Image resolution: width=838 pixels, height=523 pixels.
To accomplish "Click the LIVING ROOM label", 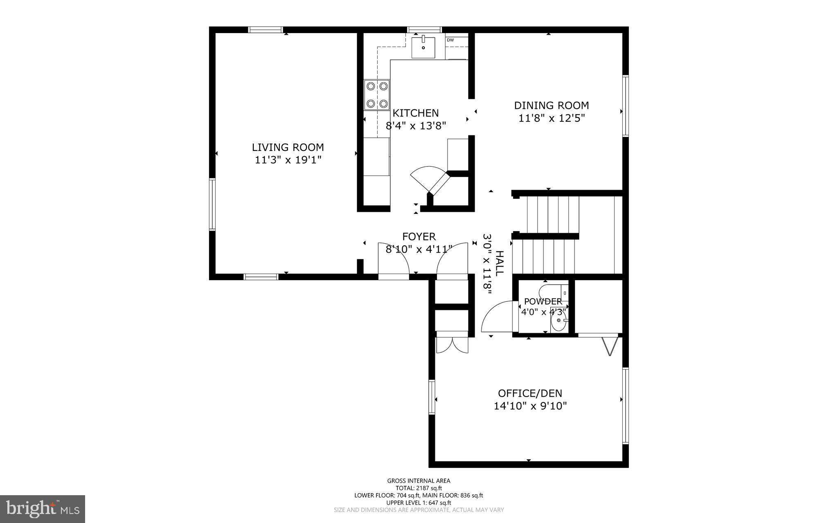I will (288, 147).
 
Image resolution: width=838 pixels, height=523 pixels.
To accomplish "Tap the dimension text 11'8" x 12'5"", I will (552, 119).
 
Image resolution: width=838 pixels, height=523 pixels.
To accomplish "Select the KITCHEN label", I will (415, 113).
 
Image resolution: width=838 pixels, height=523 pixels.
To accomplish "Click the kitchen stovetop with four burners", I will (377, 95).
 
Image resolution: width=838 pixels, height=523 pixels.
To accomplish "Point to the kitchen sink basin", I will (423, 47).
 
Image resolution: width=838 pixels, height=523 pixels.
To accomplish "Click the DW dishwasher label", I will (450, 40).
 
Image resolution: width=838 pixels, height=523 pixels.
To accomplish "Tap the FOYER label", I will (419, 236).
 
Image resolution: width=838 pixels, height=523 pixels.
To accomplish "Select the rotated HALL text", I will (499, 263).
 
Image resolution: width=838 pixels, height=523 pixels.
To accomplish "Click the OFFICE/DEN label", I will (530, 393).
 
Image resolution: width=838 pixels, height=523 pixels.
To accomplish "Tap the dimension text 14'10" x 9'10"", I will (530, 406).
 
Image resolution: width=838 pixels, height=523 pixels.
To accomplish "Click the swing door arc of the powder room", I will (496, 317).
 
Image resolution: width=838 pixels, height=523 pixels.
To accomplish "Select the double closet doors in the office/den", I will (452, 345).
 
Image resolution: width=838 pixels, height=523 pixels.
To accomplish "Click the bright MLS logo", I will (42, 509).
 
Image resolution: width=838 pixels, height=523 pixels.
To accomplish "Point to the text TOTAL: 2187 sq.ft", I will (419, 488).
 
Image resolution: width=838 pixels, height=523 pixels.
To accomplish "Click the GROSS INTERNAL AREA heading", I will (419, 481).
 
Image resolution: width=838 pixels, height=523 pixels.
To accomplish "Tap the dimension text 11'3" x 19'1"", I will (288, 160).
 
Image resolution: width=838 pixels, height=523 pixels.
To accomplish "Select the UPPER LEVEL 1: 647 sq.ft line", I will (419, 503).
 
